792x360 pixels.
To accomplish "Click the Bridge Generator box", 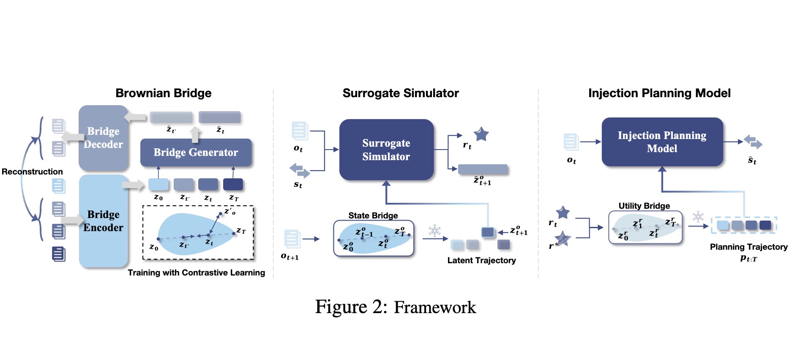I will tap(196, 153).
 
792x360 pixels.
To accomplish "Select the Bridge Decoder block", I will tap(103, 138).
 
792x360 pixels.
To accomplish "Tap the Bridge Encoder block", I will tap(103, 221).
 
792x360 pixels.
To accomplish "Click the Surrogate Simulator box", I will tap(386, 150).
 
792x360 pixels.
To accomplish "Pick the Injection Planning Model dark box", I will tap(662, 142).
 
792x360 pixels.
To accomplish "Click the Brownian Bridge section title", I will tap(164, 93).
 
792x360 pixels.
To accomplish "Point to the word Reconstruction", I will tap(32, 172).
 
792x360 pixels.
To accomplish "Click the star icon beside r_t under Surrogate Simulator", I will tap(481, 135).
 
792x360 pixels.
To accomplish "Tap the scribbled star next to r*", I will tap(563, 239).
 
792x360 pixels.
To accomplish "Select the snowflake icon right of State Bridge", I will tap(434, 231).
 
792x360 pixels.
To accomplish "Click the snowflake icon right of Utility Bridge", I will tap(698, 217).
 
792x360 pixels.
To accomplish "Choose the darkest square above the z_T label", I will tap(233, 184).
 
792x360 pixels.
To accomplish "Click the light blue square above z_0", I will tap(158, 184).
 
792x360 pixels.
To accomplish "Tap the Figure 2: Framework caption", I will tap(396, 307).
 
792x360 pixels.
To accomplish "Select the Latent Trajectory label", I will tap(481, 260).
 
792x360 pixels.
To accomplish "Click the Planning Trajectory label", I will tap(748, 247).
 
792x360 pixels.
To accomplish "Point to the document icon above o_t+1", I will tap(292, 239).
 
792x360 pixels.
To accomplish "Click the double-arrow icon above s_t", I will tap(300, 171).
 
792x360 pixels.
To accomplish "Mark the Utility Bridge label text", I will tap(644, 206).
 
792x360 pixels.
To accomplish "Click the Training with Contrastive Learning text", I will tap(196, 273).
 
